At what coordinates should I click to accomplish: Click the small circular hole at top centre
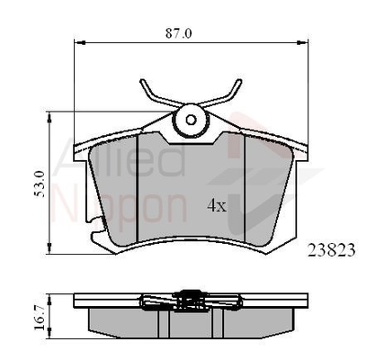[190, 117]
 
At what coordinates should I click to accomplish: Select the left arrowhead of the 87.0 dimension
[76, 41]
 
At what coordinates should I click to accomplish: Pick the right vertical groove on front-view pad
[246, 189]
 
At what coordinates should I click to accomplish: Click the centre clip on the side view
[190, 298]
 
